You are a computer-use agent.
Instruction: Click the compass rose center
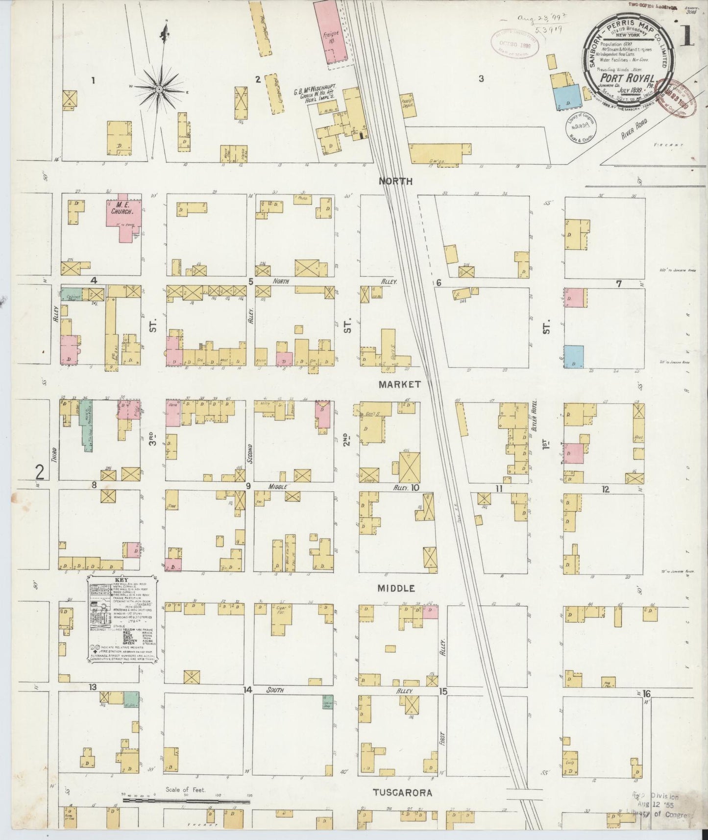[x=160, y=89]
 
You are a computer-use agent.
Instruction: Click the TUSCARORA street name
[x=402, y=792]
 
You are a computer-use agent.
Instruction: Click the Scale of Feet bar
[x=186, y=802]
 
